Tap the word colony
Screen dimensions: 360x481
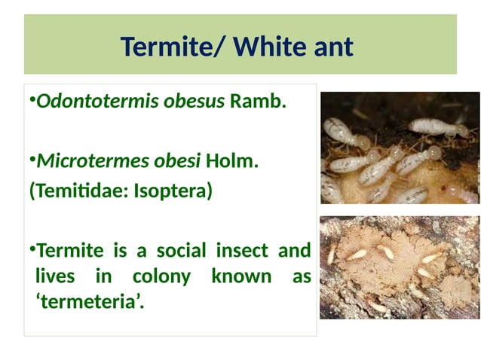click(161, 277)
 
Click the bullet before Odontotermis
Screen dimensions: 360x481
click(32, 101)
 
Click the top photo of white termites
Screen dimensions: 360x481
click(400, 148)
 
